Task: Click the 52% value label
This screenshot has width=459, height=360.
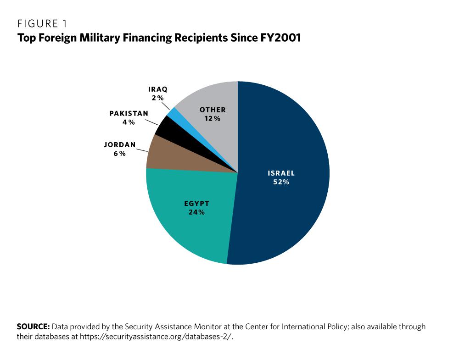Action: point(281,182)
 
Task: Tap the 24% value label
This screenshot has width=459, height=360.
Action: point(196,212)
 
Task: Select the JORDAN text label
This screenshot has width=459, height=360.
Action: point(120,145)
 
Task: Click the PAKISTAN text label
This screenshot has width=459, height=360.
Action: point(129,113)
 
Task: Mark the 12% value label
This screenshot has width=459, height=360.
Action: point(213,118)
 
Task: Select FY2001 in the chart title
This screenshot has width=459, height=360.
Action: point(280,38)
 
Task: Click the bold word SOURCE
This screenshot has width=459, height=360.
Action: point(33,327)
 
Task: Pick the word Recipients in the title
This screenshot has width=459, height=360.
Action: point(201,38)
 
